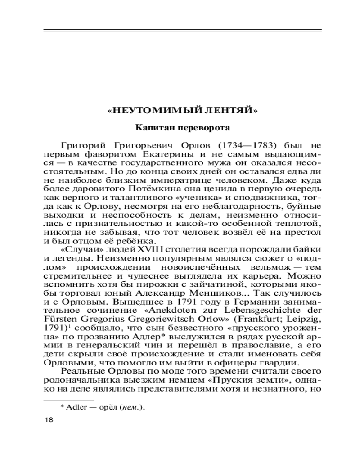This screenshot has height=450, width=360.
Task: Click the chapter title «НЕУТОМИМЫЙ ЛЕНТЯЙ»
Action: [183, 110]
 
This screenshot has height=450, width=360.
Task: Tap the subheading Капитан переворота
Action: [183, 128]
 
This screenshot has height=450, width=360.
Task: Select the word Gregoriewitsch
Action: [148, 316]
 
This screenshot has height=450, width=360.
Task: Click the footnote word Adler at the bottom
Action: [77, 407]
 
